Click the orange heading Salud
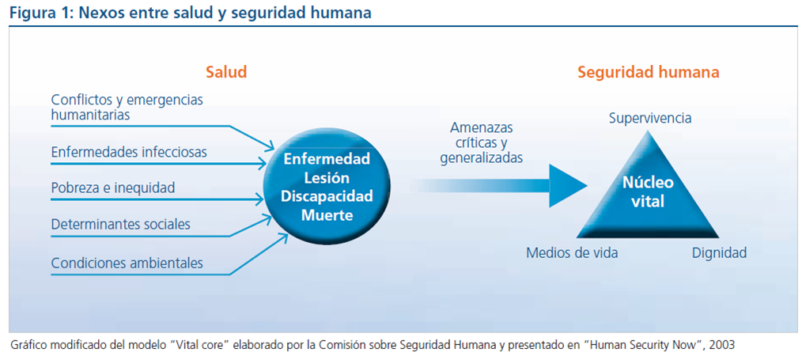tap(226, 72)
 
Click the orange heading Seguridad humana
tap(648, 72)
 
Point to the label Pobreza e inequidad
tap(113, 188)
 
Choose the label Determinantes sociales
tap(120, 224)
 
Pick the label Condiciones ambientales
tap(127, 263)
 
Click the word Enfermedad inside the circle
tap(327, 159)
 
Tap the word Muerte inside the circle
tap(327, 214)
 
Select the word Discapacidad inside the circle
tap(327, 195)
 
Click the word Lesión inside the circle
tap(327, 177)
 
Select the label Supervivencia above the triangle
tap(650, 119)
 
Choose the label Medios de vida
tap(572, 253)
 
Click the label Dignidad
tap(719, 253)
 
